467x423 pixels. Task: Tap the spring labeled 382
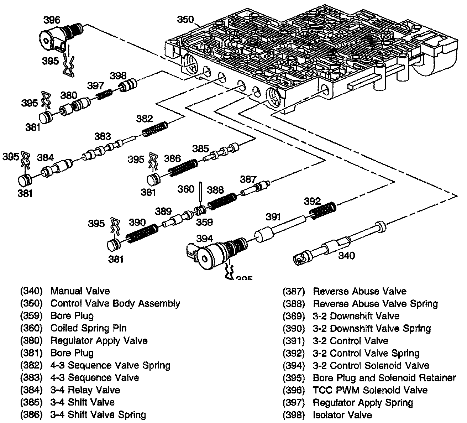coord(155,129)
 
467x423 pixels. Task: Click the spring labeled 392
coord(322,210)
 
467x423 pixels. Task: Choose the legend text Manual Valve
coord(80,291)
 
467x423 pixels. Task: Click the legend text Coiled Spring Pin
coord(88,328)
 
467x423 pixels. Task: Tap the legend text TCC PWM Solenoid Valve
coord(370,390)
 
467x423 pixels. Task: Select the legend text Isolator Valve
coord(342,415)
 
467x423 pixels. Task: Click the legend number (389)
coord(294,316)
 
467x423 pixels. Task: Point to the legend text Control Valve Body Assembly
coord(115,303)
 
